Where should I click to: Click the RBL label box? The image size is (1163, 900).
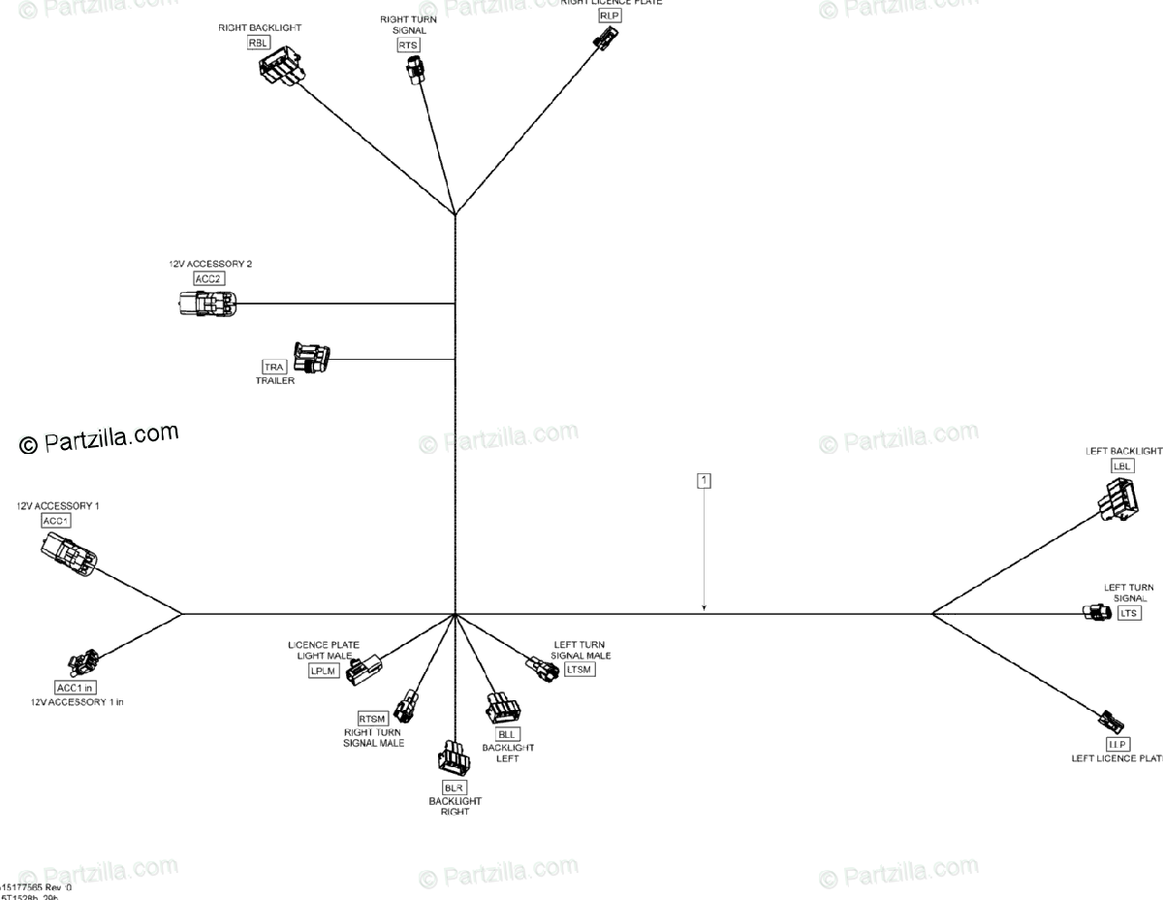pyautogui.click(x=258, y=42)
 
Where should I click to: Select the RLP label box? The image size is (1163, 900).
pyautogui.click(x=609, y=16)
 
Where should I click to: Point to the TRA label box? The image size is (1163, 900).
pyautogui.click(x=274, y=367)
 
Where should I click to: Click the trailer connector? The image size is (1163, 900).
pyautogui.click(x=311, y=358)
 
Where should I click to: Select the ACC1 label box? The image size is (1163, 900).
pyautogui.click(x=56, y=521)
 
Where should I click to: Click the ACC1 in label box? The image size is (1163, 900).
pyautogui.click(x=76, y=688)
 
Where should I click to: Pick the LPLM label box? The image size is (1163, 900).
pyautogui.click(x=324, y=670)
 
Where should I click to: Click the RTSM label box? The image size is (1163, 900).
pyautogui.click(x=372, y=718)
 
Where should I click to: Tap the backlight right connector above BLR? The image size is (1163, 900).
pyautogui.click(x=454, y=758)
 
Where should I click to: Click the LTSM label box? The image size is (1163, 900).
pyautogui.click(x=580, y=669)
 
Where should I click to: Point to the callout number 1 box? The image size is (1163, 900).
pyautogui.click(x=704, y=480)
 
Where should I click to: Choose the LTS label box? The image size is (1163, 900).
pyautogui.click(x=1129, y=613)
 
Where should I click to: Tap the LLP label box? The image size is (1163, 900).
pyautogui.click(x=1117, y=744)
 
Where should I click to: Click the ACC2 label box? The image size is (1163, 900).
pyautogui.click(x=208, y=278)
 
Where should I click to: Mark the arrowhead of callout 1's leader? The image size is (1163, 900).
pyautogui.click(x=705, y=609)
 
